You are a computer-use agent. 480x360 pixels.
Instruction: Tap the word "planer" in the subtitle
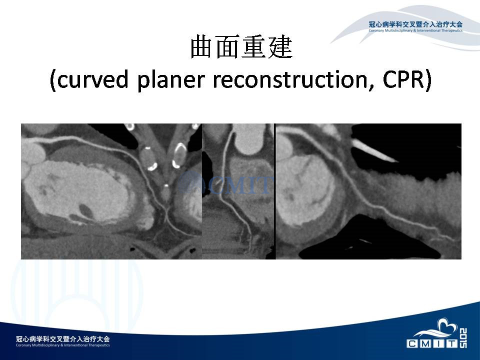click(170, 80)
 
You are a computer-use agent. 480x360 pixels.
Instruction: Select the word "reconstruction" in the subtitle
click(293, 79)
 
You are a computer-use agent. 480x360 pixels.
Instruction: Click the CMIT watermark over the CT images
click(225, 183)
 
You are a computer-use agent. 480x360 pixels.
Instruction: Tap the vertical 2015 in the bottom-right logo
click(463, 338)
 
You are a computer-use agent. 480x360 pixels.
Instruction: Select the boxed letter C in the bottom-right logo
click(412, 344)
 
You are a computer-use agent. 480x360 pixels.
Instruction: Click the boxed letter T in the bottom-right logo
click(452, 344)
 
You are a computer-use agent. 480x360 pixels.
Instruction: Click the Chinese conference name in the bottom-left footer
click(63, 339)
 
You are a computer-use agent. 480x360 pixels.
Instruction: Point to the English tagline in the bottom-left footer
click(63, 345)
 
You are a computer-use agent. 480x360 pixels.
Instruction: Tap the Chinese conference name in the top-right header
click(415, 24)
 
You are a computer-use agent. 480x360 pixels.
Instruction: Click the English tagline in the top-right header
click(415, 30)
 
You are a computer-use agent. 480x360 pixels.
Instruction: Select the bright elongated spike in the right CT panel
click(374, 150)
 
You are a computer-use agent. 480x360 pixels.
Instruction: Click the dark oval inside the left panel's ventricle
click(85, 210)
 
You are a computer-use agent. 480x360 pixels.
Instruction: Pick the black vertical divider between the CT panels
click(275, 191)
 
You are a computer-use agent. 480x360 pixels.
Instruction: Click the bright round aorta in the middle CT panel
click(248, 139)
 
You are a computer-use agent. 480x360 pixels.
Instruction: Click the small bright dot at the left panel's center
click(165, 185)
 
